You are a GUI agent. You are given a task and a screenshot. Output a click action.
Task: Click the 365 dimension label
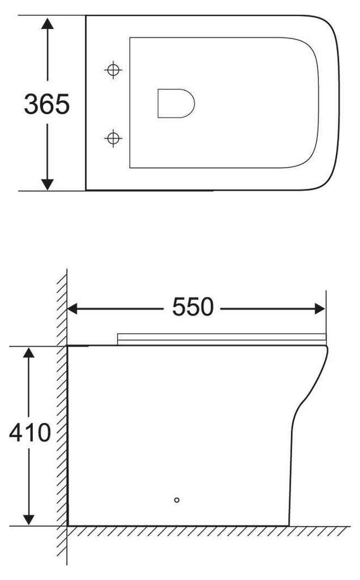[x=46, y=104]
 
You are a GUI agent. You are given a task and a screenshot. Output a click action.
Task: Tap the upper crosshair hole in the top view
[x=114, y=70]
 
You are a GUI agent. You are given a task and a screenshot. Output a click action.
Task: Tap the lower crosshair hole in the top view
[x=114, y=137]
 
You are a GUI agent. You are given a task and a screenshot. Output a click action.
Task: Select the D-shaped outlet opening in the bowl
[x=175, y=103]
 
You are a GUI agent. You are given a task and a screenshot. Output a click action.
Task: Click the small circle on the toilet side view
[x=177, y=500]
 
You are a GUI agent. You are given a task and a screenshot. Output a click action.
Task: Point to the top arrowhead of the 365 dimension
[x=48, y=23]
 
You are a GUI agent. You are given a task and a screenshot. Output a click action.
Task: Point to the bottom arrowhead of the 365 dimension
[x=48, y=184]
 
